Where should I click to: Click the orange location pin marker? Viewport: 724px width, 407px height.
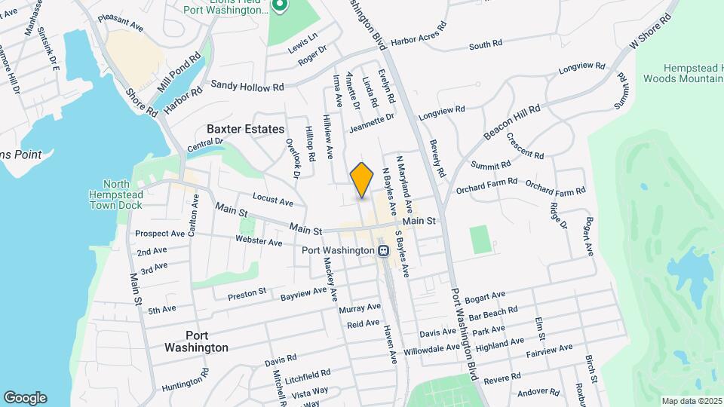click(362, 179)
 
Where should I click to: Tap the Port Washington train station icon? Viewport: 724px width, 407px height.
click(383, 250)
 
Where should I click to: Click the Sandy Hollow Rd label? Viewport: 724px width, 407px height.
click(247, 87)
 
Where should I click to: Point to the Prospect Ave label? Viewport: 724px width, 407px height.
click(161, 234)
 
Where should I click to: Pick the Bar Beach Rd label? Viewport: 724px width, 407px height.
click(493, 311)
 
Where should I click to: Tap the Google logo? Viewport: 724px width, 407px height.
click(25, 397)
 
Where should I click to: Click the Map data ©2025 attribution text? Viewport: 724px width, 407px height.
click(691, 400)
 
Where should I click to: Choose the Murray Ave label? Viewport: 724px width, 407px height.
click(360, 308)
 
